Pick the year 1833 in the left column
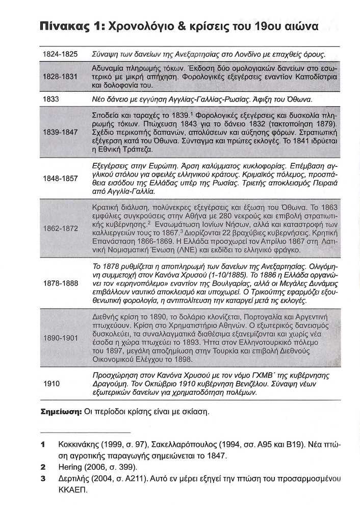tap(52, 99)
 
